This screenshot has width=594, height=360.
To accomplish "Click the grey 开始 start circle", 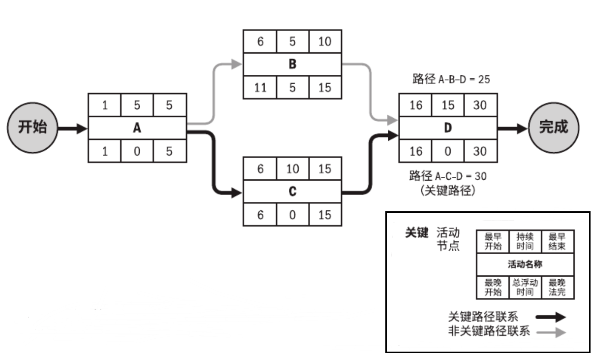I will click(x=32, y=128).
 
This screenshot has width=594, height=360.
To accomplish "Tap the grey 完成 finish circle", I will click(x=553, y=128).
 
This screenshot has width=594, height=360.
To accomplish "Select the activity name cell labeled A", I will click(x=137, y=128).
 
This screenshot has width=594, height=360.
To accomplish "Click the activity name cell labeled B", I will click(x=292, y=65).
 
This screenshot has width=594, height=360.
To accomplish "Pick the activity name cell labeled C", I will click(x=292, y=192).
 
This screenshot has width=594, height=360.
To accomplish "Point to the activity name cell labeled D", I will click(x=447, y=128).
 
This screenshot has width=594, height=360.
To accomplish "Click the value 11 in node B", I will click(x=260, y=88).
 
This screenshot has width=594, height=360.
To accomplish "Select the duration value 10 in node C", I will click(x=292, y=168).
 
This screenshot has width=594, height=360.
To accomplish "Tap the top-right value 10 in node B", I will click(x=325, y=41).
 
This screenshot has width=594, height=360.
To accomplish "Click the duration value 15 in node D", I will click(x=447, y=105).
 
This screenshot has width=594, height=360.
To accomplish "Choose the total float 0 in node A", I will click(x=137, y=151).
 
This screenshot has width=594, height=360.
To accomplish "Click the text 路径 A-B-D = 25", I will click(x=451, y=79).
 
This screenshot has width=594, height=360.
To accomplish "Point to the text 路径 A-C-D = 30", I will click(x=448, y=175).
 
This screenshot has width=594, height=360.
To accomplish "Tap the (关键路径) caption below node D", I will click(x=448, y=191).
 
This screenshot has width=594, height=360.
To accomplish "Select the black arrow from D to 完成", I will click(x=511, y=129).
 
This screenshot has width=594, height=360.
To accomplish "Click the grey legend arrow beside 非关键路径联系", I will click(x=551, y=333).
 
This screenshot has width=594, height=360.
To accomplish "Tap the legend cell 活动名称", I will click(x=525, y=264).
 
